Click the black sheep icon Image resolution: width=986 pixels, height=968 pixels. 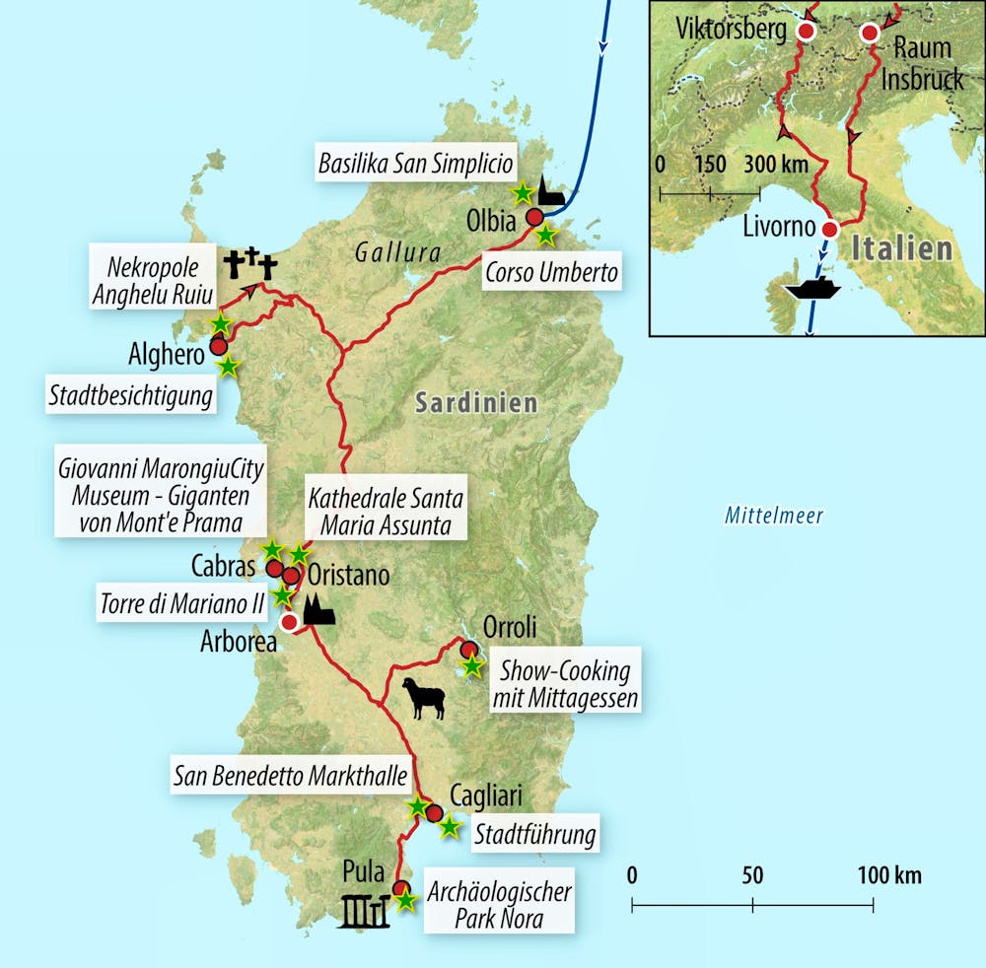pyautogui.click(x=423, y=697)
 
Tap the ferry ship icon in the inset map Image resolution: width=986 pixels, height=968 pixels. pyautogui.click(x=811, y=291)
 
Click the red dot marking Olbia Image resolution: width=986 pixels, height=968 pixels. pyautogui.click(x=534, y=218)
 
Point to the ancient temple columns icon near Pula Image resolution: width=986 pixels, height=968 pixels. pyautogui.click(x=366, y=912)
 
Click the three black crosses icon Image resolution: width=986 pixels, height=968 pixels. pyautogui.click(x=250, y=264)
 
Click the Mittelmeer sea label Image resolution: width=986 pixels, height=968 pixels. pyautogui.click(x=774, y=515)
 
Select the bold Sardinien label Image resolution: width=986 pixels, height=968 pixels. pyautogui.click(x=476, y=402)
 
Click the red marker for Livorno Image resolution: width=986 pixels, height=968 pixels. pyautogui.click(x=829, y=230)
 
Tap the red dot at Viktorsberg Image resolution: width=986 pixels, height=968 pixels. pyautogui.click(x=806, y=32)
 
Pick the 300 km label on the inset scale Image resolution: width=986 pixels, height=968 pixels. pyautogui.click(x=775, y=163)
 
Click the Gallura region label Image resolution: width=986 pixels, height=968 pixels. pyautogui.click(x=399, y=253)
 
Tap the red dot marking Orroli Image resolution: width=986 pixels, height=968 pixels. pyautogui.click(x=469, y=649)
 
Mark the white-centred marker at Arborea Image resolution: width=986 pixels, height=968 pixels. pyautogui.click(x=289, y=623)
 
